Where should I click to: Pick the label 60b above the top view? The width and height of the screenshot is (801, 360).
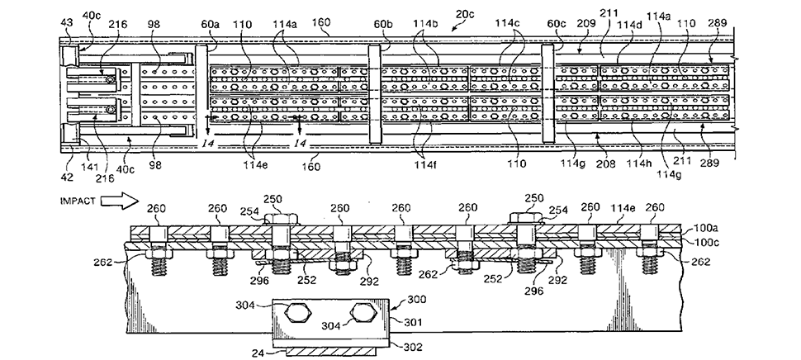[x=383, y=32]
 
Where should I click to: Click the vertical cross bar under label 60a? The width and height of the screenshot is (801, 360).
[x=201, y=91]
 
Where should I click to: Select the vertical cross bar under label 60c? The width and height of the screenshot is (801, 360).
[x=546, y=91]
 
